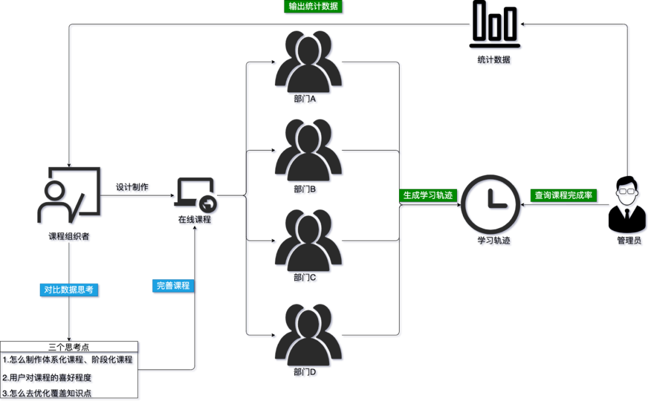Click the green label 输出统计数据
[313, 6]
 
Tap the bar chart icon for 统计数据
[494, 24]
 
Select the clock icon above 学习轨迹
[490, 204]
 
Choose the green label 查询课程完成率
[564, 195]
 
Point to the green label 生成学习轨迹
[428, 195]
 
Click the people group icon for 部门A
[308, 62]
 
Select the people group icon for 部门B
[308, 150]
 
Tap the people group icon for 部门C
[308, 241]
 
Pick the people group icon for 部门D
[308, 335]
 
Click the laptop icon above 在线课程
[195, 195]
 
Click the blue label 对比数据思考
[69, 290]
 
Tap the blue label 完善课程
[173, 286]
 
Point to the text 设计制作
[132, 188]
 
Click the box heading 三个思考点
[69, 347]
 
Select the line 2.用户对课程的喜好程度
[46, 377]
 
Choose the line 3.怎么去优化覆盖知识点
[46, 393]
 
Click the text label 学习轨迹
[494, 241]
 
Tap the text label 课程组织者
[69, 236]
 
